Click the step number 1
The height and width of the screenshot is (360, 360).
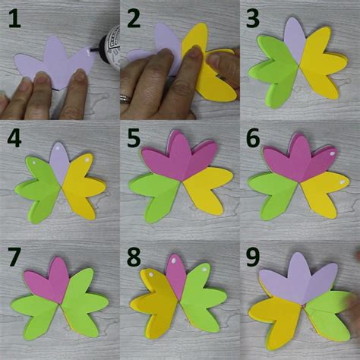coord(14,18)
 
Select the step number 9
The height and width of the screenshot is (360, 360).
coord(253,257)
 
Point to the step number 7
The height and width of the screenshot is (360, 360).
coord(14,257)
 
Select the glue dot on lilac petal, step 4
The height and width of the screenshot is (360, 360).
coord(58,147)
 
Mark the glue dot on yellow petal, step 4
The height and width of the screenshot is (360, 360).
coord(87,160)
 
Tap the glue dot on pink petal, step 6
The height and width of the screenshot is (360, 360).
coord(333,153)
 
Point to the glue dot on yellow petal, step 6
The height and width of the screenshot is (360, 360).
coord(343,182)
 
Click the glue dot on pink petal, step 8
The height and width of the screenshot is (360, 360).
coord(174,261)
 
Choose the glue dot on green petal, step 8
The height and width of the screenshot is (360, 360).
coord(204,270)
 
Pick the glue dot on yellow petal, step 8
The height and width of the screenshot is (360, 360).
coord(151,275)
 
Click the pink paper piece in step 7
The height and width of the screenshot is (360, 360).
coord(48,279)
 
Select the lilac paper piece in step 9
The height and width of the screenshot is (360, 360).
coord(298,279)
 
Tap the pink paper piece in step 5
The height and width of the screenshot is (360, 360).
coord(178,157)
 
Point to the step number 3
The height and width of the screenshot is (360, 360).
coord(253,18)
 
